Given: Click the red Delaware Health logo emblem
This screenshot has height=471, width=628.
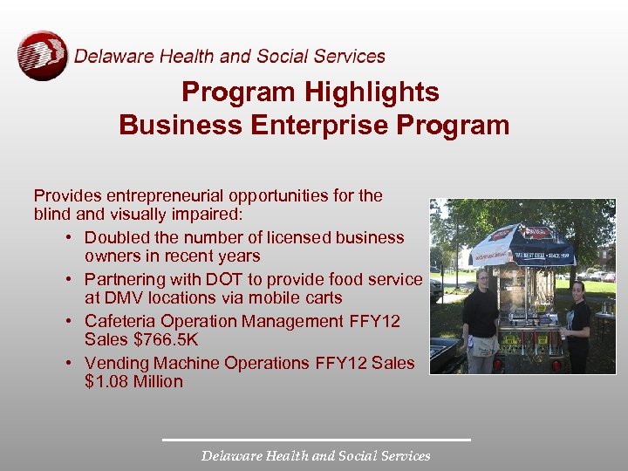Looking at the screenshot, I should tap(42, 56).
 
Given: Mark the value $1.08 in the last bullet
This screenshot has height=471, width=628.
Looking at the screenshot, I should tap(106, 381).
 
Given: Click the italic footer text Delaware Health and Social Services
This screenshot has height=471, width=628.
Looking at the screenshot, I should tap(316, 455).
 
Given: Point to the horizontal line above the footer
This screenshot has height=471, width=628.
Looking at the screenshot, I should tap(316, 440).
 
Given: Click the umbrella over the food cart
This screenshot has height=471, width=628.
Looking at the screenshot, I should tap(522, 244).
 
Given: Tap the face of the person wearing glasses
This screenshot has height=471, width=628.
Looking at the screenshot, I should tap(481, 278).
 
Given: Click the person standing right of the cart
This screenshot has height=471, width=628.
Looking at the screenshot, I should tap(577, 323).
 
